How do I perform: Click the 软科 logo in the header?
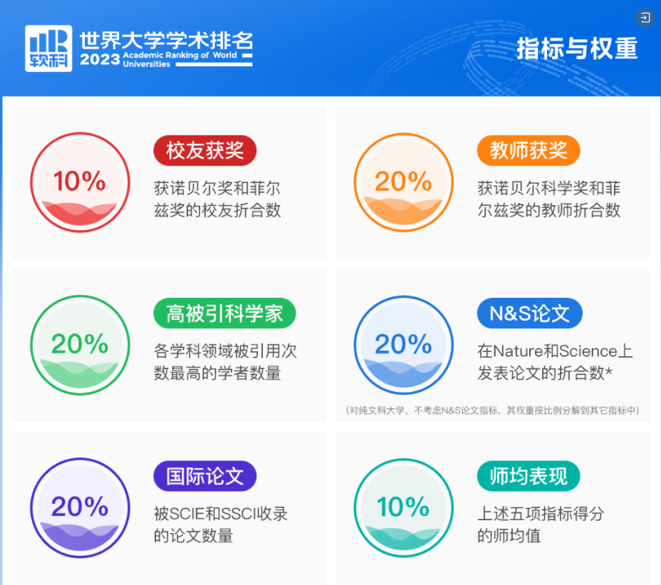coord(48,48)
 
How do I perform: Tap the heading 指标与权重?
coord(576,48)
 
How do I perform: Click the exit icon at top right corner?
coord(644,17)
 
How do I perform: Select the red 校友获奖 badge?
coord(204,150)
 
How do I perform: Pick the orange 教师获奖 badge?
coord(528,150)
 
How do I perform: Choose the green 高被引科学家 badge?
coord(224,314)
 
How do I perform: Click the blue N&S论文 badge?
coord(529,314)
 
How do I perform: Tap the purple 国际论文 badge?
coord(204,476)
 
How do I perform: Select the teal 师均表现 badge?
coord(528,476)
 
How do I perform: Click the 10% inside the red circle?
coord(80,181)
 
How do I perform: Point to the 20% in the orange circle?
coord(403,181)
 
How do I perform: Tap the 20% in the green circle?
coord(80,344)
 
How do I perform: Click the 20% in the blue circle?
coord(403,344)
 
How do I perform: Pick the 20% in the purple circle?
coord(80,507)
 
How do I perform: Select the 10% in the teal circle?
coord(403,507)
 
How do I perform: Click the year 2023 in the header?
coord(100,60)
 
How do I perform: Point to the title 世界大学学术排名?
coord(166,39)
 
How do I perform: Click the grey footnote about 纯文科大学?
coord(492,410)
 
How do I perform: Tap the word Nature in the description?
coord(519,351)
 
